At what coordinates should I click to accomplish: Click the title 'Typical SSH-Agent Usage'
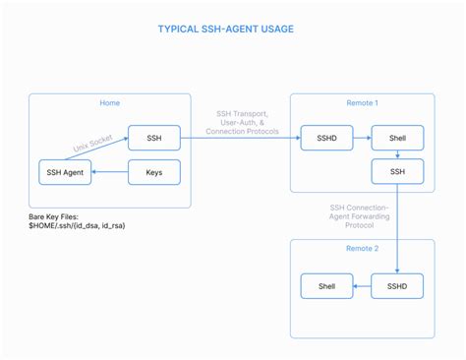225,29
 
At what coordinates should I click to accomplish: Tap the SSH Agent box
64,173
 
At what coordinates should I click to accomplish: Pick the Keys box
153,173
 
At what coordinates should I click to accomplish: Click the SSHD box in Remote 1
325,138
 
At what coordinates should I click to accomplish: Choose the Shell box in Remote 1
396,138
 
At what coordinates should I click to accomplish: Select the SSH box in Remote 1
396,173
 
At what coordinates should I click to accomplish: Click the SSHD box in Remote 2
396,287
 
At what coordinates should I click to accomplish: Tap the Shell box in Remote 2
325,287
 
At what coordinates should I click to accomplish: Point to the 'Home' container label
110,103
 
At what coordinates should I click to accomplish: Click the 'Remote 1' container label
361,103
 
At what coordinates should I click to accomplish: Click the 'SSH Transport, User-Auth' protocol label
241,122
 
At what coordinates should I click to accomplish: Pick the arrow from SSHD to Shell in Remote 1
361,138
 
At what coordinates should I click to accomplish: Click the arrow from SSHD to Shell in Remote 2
361,287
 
